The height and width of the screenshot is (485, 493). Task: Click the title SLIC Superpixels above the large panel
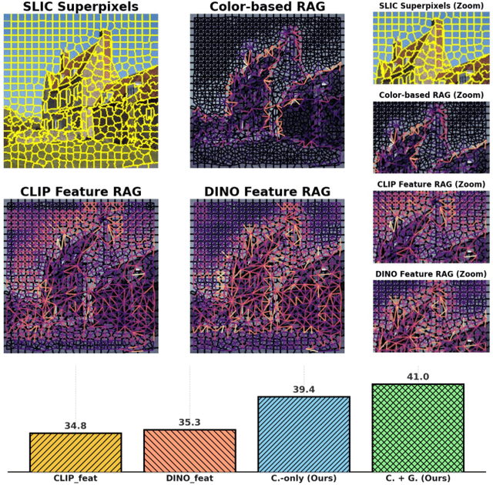tap(80, 8)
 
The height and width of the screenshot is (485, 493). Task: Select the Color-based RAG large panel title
tap(267, 8)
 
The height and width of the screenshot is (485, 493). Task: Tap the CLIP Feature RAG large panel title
tap(80, 191)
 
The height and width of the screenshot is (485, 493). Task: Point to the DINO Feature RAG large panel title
tap(267, 191)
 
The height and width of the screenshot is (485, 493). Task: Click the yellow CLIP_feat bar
tap(75, 452)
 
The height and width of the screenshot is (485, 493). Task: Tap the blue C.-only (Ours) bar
tap(304, 434)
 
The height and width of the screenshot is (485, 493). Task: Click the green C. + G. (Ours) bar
tap(418, 428)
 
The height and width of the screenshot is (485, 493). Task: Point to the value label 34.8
tap(75, 426)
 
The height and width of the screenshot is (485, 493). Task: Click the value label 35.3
tap(189, 423)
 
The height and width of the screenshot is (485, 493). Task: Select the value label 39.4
tap(304, 390)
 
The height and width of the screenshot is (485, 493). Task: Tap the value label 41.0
tap(418, 377)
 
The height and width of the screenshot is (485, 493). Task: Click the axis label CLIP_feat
tap(75, 479)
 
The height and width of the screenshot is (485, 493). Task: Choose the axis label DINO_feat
tap(189, 479)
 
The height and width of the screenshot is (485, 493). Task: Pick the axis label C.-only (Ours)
tap(304, 479)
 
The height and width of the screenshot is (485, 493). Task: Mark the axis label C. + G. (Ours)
tap(418, 479)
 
